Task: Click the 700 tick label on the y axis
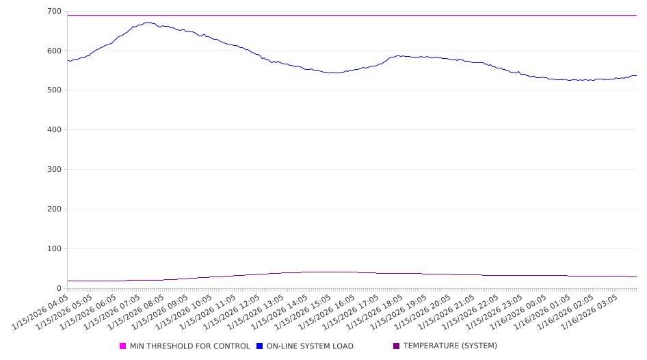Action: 53,12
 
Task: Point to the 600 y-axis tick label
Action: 53,51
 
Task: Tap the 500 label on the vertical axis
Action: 53,90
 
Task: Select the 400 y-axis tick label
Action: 53,130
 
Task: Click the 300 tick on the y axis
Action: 53,170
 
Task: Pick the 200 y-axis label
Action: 53,209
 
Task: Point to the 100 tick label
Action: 53,249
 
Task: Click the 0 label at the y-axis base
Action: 59,288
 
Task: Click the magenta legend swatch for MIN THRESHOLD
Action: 123,346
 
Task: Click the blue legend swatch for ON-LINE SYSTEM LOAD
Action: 260,346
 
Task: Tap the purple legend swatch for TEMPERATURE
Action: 397,346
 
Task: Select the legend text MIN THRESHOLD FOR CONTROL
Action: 189,346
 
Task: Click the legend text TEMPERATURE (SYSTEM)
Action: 450,346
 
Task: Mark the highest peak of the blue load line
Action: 147,22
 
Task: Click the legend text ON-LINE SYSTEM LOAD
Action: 310,346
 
